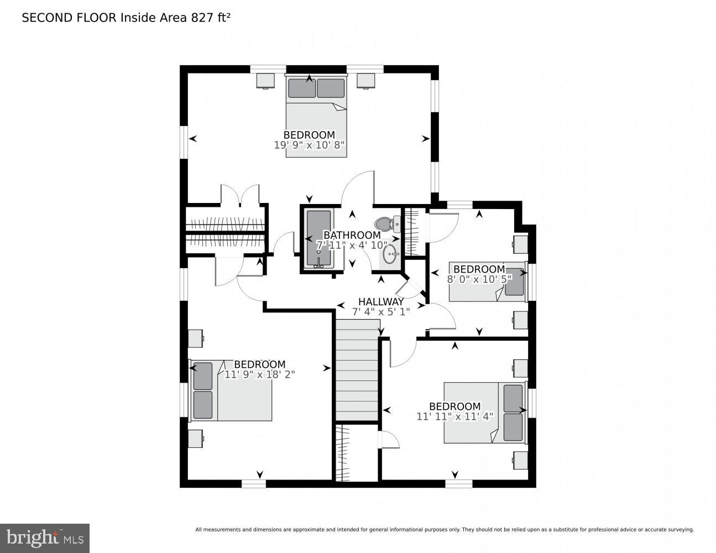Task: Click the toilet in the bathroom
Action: (x=385, y=224)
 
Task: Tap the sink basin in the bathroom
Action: (x=390, y=255)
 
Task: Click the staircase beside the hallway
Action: (x=357, y=371)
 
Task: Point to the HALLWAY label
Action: (x=381, y=302)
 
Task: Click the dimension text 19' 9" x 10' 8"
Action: (x=309, y=145)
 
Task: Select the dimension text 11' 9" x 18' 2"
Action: (x=260, y=374)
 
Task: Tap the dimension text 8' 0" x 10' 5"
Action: (x=479, y=279)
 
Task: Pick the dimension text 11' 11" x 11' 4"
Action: (x=454, y=416)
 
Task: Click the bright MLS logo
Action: (x=45, y=538)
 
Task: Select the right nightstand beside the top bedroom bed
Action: (x=365, y=80)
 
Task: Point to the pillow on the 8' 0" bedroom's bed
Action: (x=515, y=282)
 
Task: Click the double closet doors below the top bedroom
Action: (x=240, y=195)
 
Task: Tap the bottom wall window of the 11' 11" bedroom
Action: (x=459, y=484)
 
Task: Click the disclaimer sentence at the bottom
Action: (x=444, y=530)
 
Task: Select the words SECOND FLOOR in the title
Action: (x=69, y=18)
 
